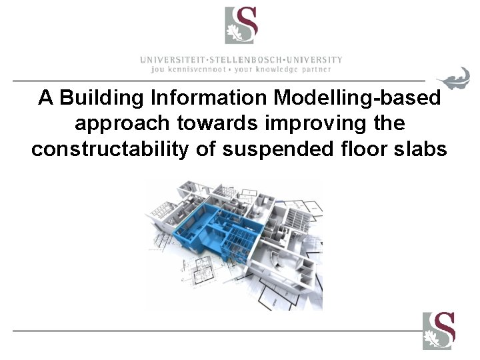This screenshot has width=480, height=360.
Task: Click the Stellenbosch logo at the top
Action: (x=241, y=25)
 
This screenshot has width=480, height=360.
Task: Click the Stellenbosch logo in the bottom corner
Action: (x=438, y=331)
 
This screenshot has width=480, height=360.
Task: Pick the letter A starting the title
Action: (x=45, y=98)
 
